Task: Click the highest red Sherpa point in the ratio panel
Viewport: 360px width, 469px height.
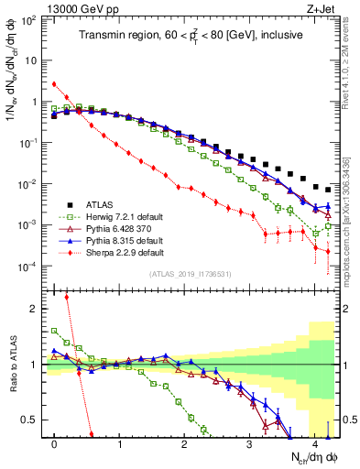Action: click(x=67, y=297)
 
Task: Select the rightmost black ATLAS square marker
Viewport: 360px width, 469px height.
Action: click(x=327, y=190)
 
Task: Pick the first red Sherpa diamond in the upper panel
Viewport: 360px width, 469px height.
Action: click(x=54, y=84)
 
